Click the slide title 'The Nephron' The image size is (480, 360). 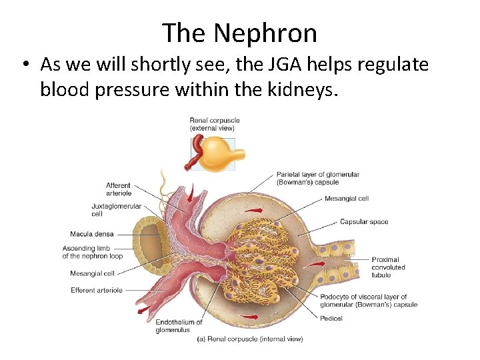(239, 32)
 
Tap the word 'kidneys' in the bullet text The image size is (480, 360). (305, 89)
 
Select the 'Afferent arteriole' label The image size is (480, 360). (119, 189)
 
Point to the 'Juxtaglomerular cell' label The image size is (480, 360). (116, 210)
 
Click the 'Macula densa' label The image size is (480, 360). (91, 234)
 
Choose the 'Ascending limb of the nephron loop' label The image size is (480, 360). (92, 253)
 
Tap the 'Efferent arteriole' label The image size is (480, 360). (96, 290)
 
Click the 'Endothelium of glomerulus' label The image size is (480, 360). (179, 326)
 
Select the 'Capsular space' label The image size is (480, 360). (364, 222)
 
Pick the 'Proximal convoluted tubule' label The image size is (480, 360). (389, 267)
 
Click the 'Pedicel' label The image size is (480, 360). (331, 319)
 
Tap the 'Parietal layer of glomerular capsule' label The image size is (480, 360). (317, 178)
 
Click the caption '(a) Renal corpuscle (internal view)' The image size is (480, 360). (249, 339)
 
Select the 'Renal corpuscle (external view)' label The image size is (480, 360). (214, 124)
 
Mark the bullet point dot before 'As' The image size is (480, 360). (25, 65)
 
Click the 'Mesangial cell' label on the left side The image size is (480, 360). (92, 273)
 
